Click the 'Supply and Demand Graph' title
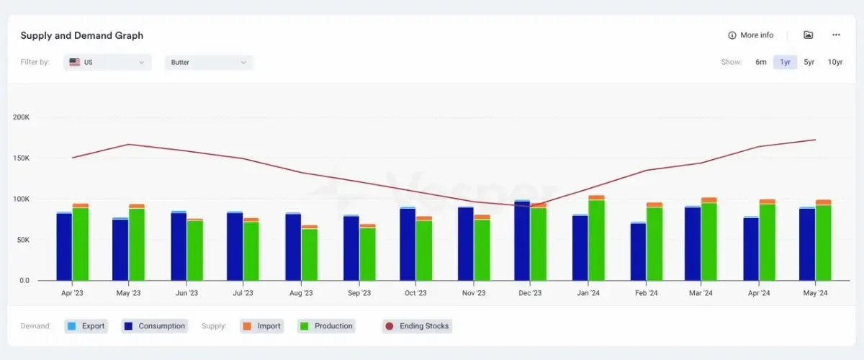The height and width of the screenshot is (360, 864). click(82, 35)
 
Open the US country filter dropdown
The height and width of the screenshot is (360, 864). click(107, 63)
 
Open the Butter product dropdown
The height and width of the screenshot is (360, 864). click(209, 63)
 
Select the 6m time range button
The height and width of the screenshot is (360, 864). click(760, 62)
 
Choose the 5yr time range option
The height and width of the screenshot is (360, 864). click(809, 62)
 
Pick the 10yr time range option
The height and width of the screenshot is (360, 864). click(835, 62)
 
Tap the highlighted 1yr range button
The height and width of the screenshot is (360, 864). click(786, 62)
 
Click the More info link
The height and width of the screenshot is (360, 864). click(750, 35)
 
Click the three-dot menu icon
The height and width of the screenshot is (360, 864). click(836, 35)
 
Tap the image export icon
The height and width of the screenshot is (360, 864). click(808, 35)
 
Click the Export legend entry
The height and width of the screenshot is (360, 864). click(86, 326)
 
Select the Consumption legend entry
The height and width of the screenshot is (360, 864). click(155, 326)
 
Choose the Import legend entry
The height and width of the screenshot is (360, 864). click(262, 326)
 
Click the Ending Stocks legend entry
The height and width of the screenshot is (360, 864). click(418, 326)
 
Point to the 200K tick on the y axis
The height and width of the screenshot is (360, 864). click(21, 117)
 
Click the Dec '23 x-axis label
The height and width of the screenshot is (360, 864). click(530, 293)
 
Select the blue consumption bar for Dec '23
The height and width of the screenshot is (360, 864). click(522, 241)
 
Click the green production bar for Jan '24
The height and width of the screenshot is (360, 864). click(596, 240)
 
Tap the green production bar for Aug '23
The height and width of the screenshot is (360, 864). click(310, 255)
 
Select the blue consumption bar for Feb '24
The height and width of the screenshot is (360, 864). click(639, 252)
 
